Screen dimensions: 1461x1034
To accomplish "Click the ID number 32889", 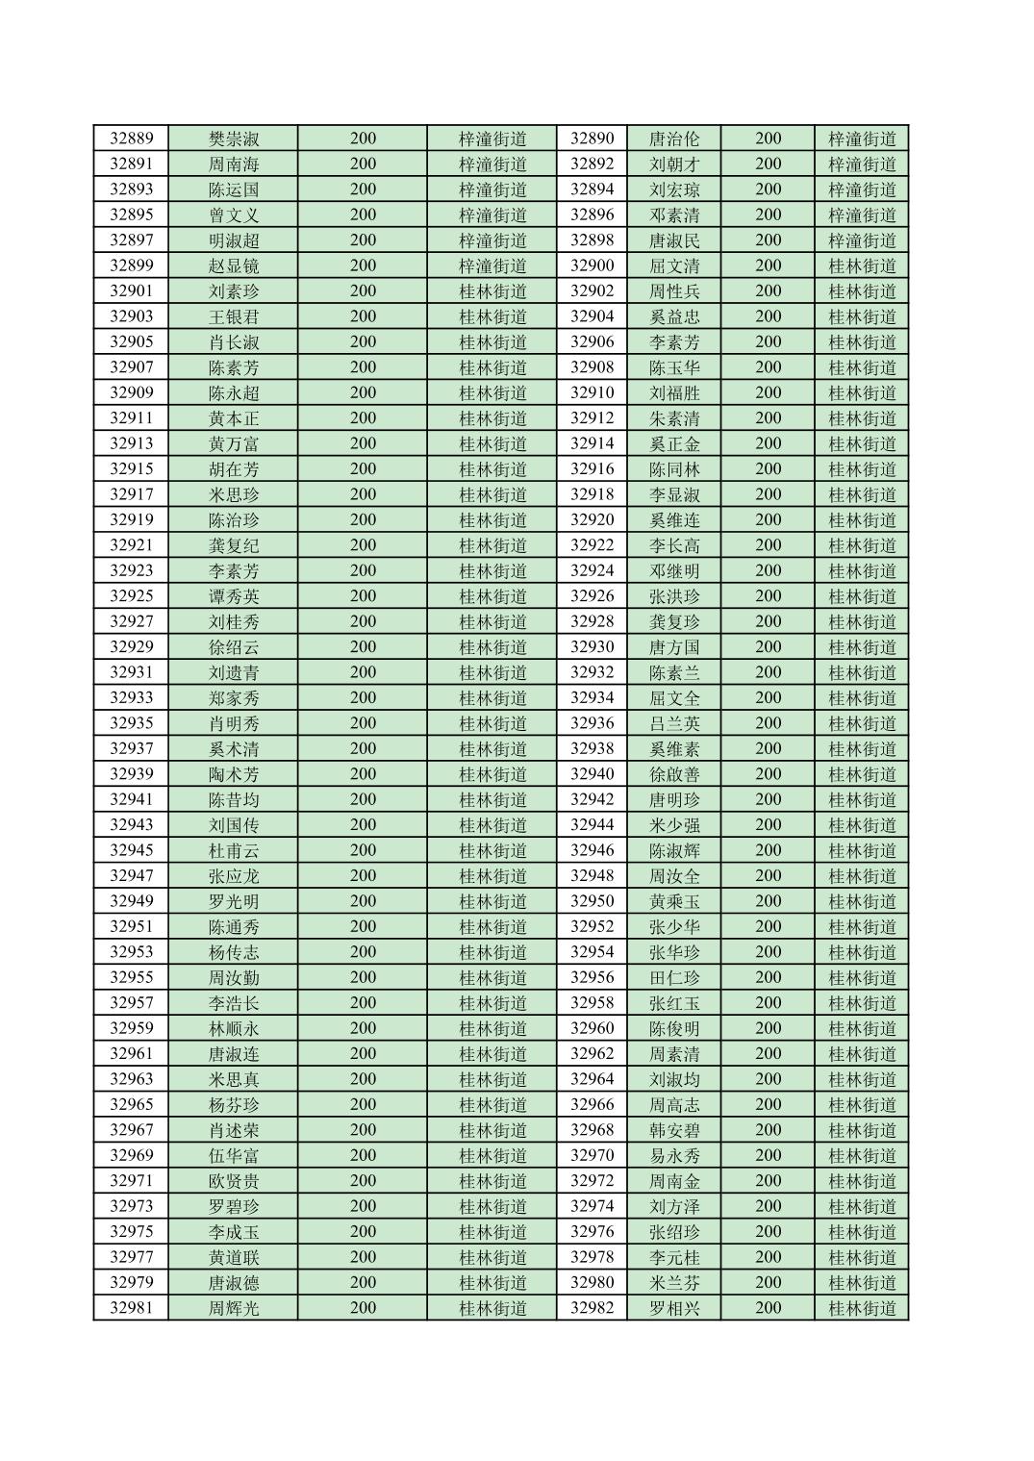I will (131, 139).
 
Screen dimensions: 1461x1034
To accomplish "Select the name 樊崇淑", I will (234, 139).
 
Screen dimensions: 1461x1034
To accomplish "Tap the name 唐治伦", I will (674, 139).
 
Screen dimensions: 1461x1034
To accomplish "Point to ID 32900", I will (592, 265).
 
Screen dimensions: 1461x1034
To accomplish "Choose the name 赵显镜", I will (234, 265).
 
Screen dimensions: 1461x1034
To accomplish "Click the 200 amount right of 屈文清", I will (768, 265).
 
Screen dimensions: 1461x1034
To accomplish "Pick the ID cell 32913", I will (131, 443).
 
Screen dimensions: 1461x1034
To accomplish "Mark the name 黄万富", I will (234, 443).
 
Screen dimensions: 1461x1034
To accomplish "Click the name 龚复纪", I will (234, 545).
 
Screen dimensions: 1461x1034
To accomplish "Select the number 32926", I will (592, 596).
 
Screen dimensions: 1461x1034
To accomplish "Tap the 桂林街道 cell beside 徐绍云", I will (492, 647).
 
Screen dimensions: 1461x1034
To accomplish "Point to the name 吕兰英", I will (674, 723).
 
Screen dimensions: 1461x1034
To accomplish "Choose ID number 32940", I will (592, 774).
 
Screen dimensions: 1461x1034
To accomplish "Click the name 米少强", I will (674, 825).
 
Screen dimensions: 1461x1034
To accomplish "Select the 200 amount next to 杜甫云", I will (363, 850).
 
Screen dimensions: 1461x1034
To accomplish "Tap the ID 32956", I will (592, 977).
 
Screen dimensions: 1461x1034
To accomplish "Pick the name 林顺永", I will (234, 1028).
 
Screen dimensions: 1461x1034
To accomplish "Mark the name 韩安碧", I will (674, 1130).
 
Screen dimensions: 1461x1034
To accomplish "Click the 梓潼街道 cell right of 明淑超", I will (492, 240).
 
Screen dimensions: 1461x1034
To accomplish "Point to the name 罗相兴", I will (674, 1308).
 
